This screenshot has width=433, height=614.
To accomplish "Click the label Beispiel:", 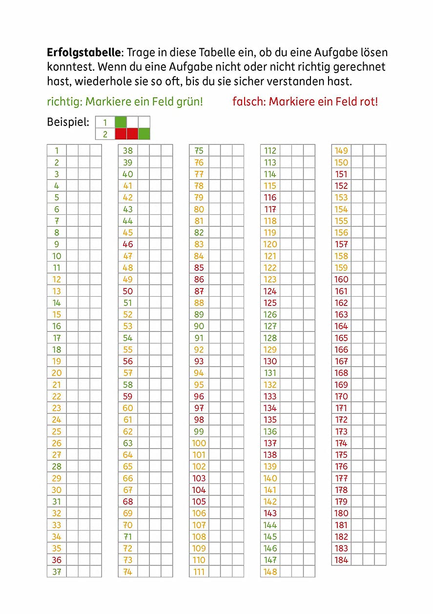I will [x=68, y=122].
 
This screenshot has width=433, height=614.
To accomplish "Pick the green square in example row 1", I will [x=120, y=122].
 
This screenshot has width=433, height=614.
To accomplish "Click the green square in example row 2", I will [x=144, y=134].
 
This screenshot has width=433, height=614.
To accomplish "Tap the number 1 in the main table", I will [x=57, y=151].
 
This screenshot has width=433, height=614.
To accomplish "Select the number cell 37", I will [x=57, y=572].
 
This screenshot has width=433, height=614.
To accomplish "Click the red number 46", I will [x=128, y=244].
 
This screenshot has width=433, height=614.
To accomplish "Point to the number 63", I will [x=128, y=443].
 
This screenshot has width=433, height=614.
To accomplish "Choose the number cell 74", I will [x=128, y=572].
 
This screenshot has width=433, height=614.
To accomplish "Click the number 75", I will [x=199, y=151].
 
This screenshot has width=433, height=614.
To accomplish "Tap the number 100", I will [x=199, y=443].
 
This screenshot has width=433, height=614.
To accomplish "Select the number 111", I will [x=199, y=572].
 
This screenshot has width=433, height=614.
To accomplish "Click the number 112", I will [x=270, y=151].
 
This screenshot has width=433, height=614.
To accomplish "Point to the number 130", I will [x=270, y=361].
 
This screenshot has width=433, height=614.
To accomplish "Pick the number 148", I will [x=270, y=572].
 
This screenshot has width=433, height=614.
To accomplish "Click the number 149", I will [x=341, y=151].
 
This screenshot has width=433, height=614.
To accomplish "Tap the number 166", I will [x=341, y=349].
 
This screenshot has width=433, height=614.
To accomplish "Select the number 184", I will [x=341, y=560].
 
